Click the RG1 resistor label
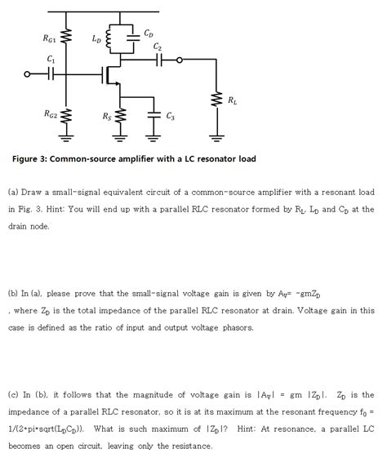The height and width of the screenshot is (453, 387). point(49,38)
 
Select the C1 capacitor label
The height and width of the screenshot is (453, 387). point(51,59)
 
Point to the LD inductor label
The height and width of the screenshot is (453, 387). point(96,38)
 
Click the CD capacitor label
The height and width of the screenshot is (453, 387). point(148,33)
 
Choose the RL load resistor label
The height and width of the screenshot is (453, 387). point(234,100)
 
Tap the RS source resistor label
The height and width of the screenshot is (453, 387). point(107,116)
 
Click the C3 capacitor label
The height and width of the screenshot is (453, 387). point(170,116)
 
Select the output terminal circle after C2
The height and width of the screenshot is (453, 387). point(180,60)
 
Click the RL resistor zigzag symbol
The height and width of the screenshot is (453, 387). point(218,100)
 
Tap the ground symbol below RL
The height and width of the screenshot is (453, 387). point(218,134)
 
